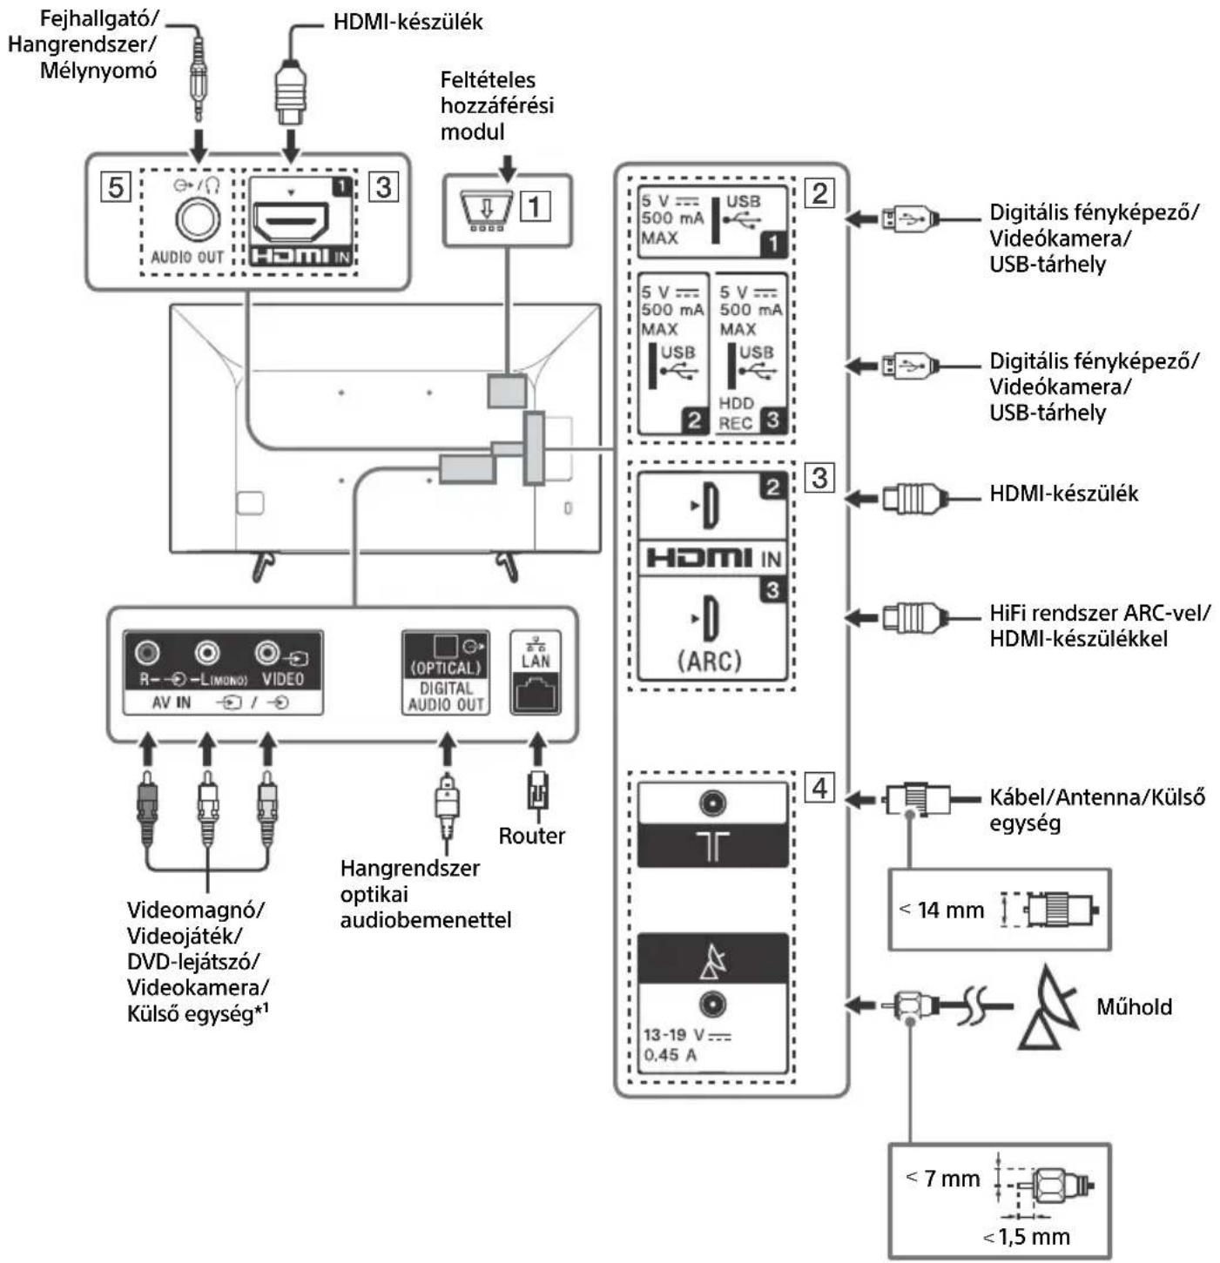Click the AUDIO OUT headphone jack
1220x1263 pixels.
(x=198, y=218)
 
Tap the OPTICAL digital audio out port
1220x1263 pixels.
(x=445, y=647)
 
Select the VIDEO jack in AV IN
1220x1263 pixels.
(x=267, y=652)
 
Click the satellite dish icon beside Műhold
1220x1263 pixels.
(x=1049, y=1007)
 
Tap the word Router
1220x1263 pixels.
(x=531, y=836)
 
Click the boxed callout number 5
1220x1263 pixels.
(x=117, y=187)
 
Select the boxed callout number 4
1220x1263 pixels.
(x=819, y=788)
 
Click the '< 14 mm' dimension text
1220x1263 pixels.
(x=942, y=910)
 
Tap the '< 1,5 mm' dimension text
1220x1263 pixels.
(x=1028, y=1236)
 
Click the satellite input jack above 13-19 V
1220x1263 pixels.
(x=712, y=1005)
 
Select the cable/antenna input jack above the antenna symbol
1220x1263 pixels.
(x=712, y=803)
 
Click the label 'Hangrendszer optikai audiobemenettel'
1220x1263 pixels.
(x=425, y=894)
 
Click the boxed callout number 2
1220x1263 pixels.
(x=819, y=192)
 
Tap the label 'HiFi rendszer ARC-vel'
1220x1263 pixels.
(x=1099, y=613)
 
